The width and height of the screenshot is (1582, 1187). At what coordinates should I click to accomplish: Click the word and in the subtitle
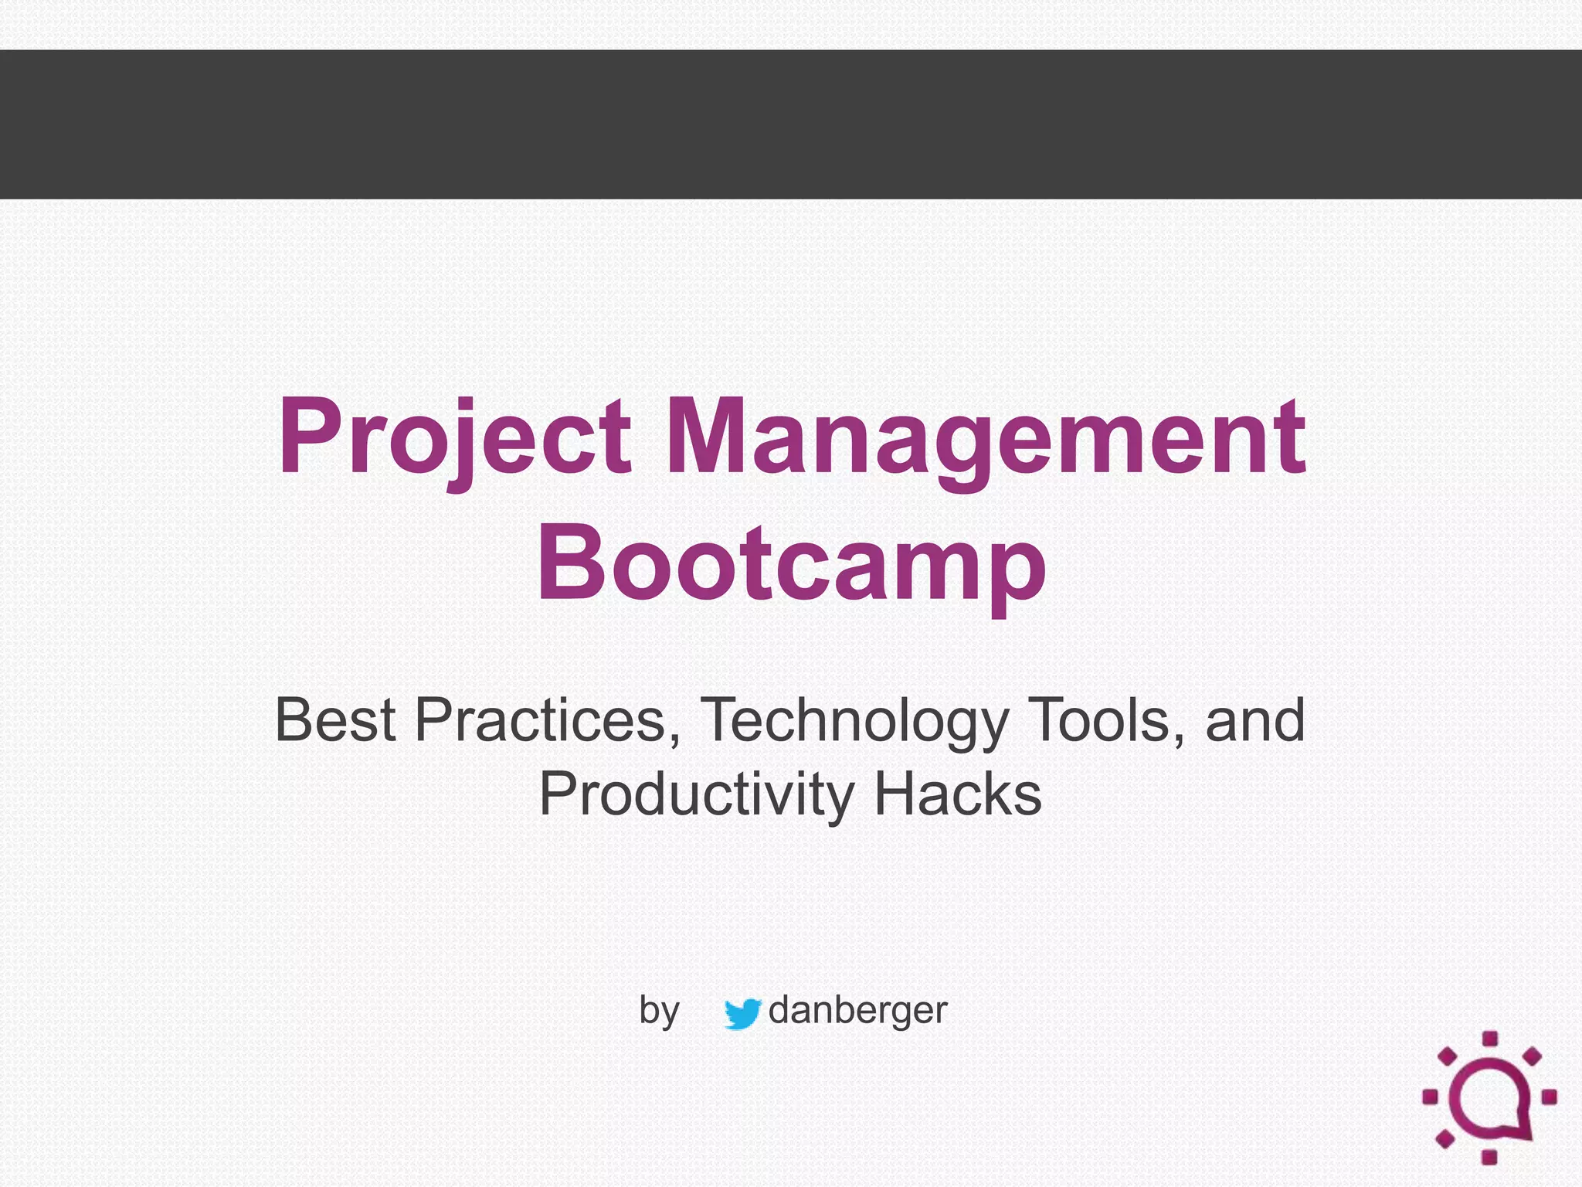[1255, 719]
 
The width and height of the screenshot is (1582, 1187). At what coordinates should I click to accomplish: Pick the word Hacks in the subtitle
[958, 794]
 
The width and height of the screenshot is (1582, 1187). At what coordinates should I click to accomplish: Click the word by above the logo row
[659, 1012]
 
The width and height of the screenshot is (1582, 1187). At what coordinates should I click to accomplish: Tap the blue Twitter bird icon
[742, 1013]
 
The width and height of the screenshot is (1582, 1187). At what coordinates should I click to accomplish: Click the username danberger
[857, 1010]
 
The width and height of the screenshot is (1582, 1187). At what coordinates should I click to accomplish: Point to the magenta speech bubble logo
[1489, 1098]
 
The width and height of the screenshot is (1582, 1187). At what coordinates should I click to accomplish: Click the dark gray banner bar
[791, 124]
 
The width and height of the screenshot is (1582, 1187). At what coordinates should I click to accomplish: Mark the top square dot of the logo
[1490, 1039]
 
